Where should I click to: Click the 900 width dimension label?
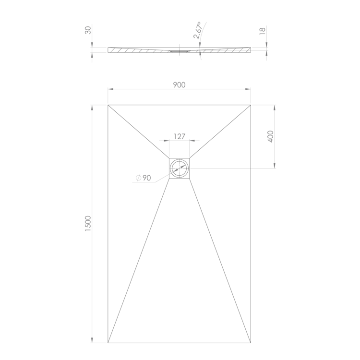tap(179, 85)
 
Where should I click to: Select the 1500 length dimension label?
tap(88, 223)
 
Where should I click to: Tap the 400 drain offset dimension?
tap(271, 136)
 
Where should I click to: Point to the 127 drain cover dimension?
tap(180, 137)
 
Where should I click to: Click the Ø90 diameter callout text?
tap(143, 178)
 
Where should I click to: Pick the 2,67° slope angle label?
tap(198, 30)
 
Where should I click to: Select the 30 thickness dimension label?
tap(88, 30)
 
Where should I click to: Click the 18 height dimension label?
tap(262, 31)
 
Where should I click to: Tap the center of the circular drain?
tap(180, 168)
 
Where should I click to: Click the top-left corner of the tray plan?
tap(108, 105)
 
